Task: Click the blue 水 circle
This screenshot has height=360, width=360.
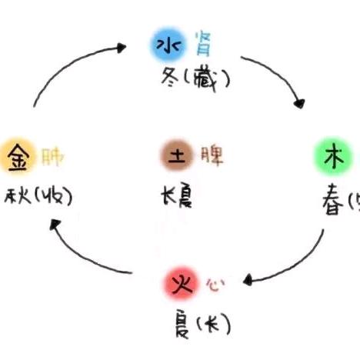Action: click(x=163, y=46)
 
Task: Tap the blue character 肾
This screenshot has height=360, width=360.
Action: click(x=203, y=43)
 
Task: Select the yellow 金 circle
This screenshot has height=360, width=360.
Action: click(x=15, y=157)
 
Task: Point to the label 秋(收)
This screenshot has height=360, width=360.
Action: click(x=38, y=197)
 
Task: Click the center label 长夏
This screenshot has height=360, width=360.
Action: click(x=177, y=197)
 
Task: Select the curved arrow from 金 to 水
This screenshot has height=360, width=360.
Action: click(x=73, y=65)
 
